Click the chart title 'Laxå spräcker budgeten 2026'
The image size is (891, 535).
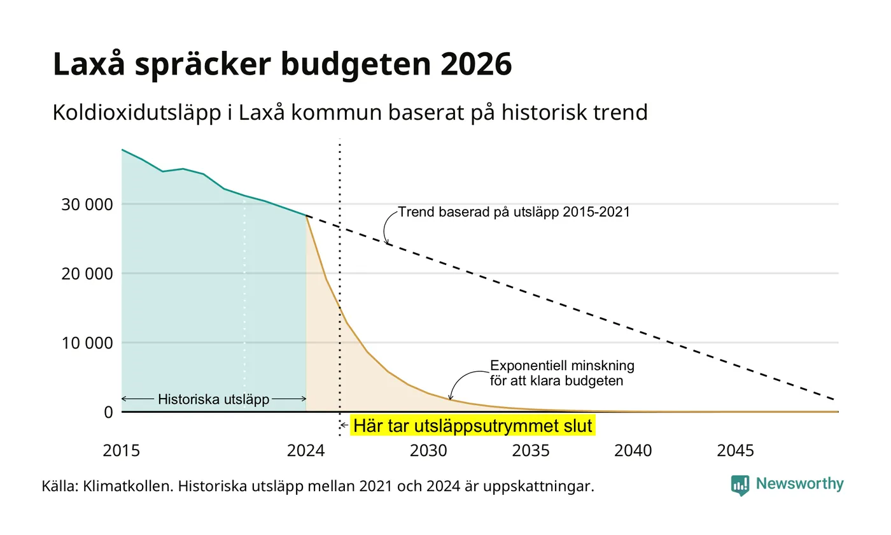click(x=282, y=64)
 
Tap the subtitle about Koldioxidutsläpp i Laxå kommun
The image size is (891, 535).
click(x=350, y=113)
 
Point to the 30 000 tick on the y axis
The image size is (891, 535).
click(x=87, y=204)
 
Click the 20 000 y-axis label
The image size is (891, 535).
click(x=87, y=274)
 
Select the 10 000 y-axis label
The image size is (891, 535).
click(x=87, y=343)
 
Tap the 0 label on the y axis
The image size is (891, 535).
click(x=108, y=413)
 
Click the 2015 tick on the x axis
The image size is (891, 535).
click(x=122, y=451)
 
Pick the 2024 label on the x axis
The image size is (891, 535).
click(x=306, y=451)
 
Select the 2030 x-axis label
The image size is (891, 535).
click(x=428, y=451)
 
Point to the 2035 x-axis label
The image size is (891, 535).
click(x=531, y=451)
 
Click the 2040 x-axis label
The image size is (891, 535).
click(x=633, y=451)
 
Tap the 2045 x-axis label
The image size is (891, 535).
click(x=736, y=451)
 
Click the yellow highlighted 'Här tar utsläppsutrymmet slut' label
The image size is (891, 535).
click(x=472, y=426)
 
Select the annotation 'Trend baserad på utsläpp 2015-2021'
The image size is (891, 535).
click(x=514, y=212)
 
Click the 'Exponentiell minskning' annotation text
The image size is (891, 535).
click(x=562, y=366)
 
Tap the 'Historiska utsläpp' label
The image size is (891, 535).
click(x=214, y=399)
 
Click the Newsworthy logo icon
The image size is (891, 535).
click(x=740, y=485)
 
